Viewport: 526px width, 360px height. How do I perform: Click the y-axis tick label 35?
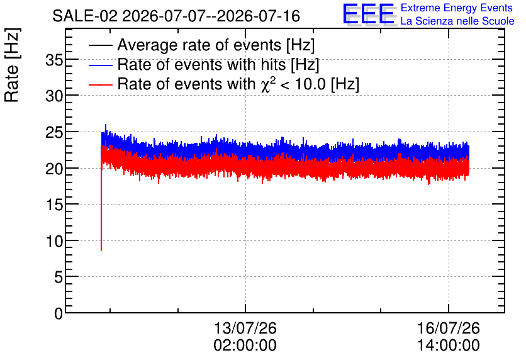(54, 60)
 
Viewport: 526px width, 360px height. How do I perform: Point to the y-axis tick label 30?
(54, 97)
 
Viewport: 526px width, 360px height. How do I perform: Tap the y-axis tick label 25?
(54, 133)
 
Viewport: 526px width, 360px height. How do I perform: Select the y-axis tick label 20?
(54, 169)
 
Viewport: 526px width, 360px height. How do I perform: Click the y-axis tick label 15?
(54, 205)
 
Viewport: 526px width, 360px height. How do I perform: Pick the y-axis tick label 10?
(54, 241)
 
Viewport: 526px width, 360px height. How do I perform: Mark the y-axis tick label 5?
(59, 278)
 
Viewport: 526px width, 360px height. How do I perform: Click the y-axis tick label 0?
(59, 313)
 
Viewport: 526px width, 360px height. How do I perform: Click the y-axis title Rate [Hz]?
(12, 65)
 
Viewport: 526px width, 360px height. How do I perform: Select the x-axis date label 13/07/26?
(245, 328)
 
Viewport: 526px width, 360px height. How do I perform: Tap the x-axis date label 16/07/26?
(449, 328)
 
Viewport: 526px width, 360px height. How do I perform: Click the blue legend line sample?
(100, 65)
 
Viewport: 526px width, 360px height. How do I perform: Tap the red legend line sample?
(100, 84)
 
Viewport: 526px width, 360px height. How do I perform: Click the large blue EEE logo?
(369, 14)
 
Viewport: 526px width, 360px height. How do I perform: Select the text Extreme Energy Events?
(457, 8)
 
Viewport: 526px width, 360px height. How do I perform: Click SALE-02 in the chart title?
(85, 16)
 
